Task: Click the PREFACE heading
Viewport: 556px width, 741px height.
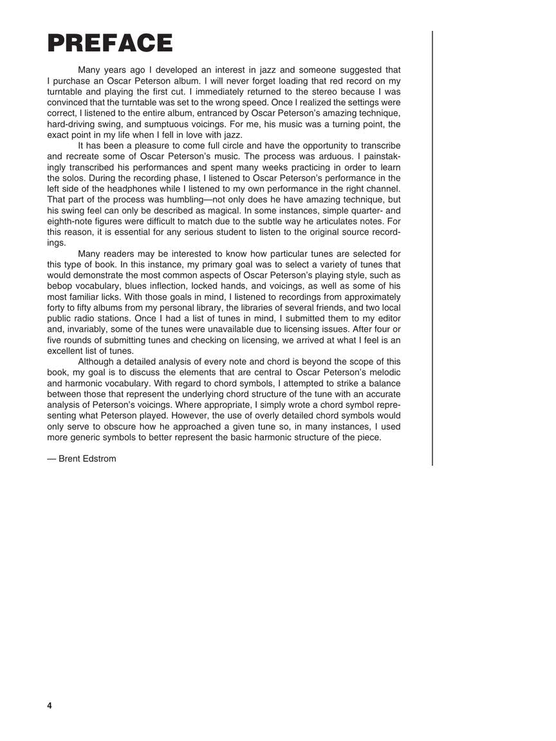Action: [x=110, y=43]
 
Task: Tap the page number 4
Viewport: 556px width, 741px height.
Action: [x=50, y=706]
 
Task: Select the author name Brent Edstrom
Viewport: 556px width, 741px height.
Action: [x=82, y=459]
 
